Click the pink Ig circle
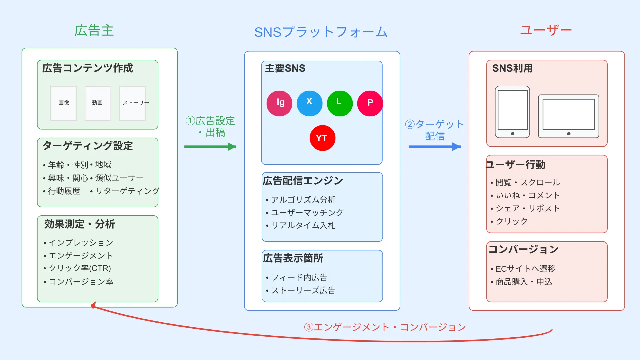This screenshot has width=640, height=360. (279, 103)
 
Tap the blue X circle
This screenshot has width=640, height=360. (309, 103)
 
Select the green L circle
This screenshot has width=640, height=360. (339, 103)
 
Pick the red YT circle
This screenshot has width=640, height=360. (322, 138)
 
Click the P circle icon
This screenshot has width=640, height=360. (370, 103)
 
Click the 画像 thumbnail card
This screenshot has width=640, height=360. (63, 103)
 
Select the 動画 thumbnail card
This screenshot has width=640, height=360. (98, 103)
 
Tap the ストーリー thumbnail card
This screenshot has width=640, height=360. (133, 103)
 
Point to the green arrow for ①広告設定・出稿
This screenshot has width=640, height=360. (210, 147)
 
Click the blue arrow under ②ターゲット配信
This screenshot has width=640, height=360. (434, 147)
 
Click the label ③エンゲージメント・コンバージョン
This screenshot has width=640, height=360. (385, 327)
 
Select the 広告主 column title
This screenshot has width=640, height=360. (94, 31)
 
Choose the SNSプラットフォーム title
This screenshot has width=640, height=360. (321, 32)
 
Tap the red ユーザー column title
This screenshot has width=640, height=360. (546, 30)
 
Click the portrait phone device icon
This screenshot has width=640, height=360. (512, 112)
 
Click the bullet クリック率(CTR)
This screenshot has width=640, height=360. (80, 268)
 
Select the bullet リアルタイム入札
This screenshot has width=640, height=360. (303, 226)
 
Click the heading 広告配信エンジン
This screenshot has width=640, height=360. (303, 181)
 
